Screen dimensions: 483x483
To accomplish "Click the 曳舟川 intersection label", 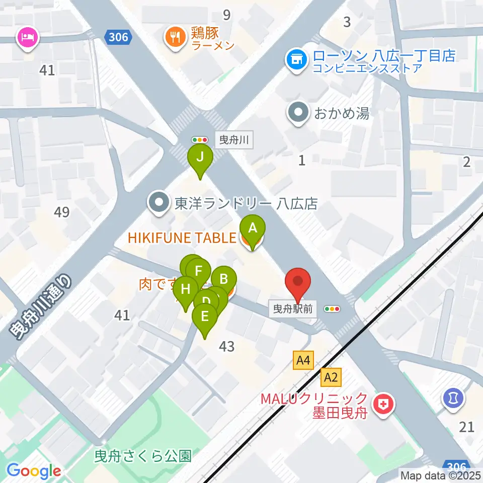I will (234, 139).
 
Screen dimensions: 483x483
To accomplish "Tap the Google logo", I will (34, 471).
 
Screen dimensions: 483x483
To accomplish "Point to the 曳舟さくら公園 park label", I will (143, 456).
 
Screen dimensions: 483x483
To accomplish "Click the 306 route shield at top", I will (119, 37).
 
